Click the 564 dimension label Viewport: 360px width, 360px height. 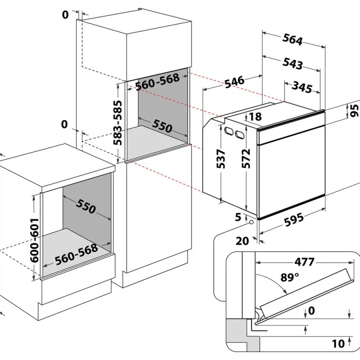[293, 40]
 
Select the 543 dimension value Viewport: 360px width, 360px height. [293, 63]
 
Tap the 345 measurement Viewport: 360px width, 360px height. [302, 86]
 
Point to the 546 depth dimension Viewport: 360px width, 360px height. [234, 81]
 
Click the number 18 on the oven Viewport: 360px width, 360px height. [255, 116]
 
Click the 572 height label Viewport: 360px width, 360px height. [246, 159]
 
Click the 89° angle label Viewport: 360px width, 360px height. [289, 277]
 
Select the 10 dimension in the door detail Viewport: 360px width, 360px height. [338, 344]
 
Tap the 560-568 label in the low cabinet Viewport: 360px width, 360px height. [77, 254]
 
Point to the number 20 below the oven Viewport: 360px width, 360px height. [242, 241]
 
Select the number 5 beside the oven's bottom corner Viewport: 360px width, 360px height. [239, 217]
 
